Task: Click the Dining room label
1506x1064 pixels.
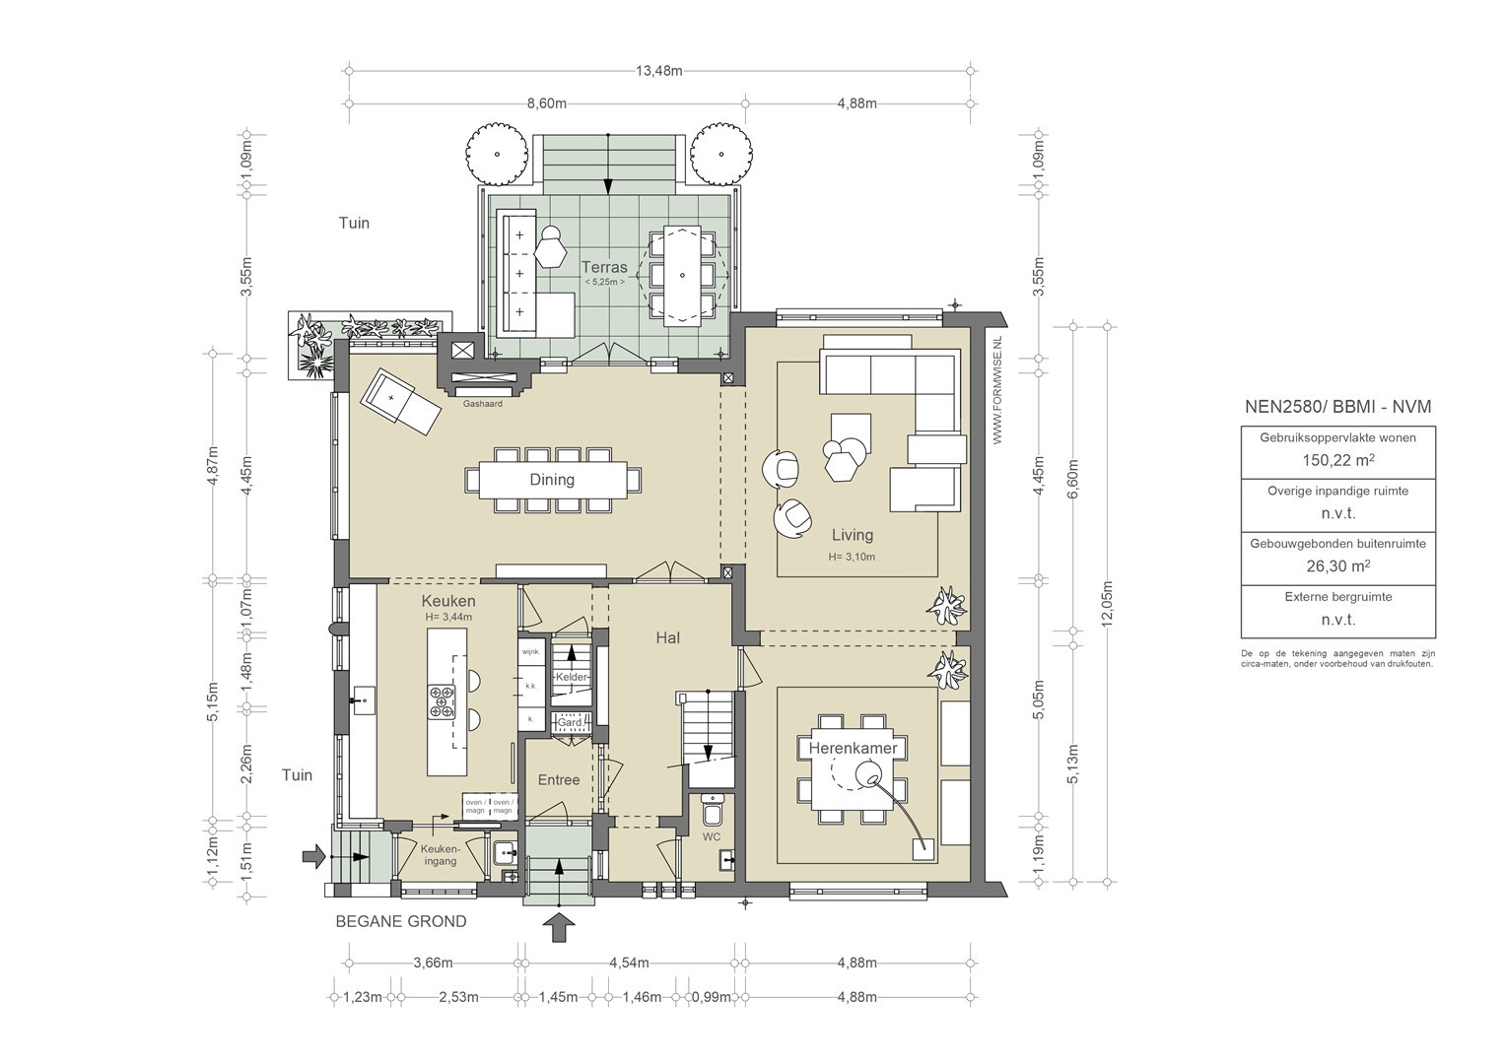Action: pyautogui.click(x=552, y=480)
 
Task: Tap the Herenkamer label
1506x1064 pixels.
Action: pyautogui.click(x=853, y=748)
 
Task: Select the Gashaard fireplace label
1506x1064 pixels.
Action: pyautogui.click(x=483, y=404)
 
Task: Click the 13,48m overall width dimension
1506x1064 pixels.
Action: pyautogui.click(x=658, y=71)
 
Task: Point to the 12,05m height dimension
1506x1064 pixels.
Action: pyautogui.click(x=1108, y=603)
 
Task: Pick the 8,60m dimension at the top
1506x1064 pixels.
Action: pyautogui.click(x=547, y=103)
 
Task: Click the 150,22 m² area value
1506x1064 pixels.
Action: pyautogui.click(x=1337, y=460)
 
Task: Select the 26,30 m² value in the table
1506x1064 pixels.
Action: pyautogui.click(x=1337, y=565)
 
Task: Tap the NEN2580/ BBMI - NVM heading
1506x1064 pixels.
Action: pyautogui.click(x=1337, y=407)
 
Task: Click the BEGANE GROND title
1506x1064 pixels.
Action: pyautogui.click(x=401, y=921)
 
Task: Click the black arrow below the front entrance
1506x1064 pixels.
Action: pyautogui.click(x=558, y=928)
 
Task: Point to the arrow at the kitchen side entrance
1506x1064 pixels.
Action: pyautogui.click(x=314, y=856)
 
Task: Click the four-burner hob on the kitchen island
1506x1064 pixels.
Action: pyautogui.click(x=442, y=701)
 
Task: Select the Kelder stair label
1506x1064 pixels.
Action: pyautogui.click(x=572, y=677)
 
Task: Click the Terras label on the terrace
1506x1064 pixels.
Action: pyautogui.click(x=604, y=267)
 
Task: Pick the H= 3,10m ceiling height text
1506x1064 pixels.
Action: pyautogui.click(x=852, y=557)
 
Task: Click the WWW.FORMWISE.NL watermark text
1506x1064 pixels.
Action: pyautogui.click(x=997, y=390)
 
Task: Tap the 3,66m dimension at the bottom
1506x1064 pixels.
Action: pyautogui.click(x=433, y=963)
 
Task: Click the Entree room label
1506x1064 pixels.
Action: pyautogui.click(x=559, y=779)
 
